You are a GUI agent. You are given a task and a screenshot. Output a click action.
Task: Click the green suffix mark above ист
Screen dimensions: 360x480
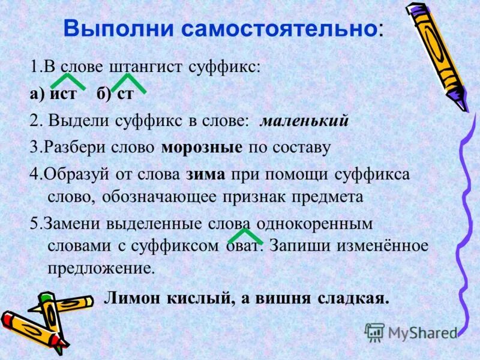(x=65, y=81)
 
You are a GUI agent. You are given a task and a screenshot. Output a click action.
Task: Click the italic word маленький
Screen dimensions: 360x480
(x=304, y=121)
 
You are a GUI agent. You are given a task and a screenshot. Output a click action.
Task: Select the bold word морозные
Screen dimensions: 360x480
(x=202, y=148)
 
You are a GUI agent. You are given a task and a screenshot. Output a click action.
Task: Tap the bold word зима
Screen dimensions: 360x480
(x=206, y=174)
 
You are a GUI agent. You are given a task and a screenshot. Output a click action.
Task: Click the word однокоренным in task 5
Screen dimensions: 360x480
(x=314, y=224)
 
